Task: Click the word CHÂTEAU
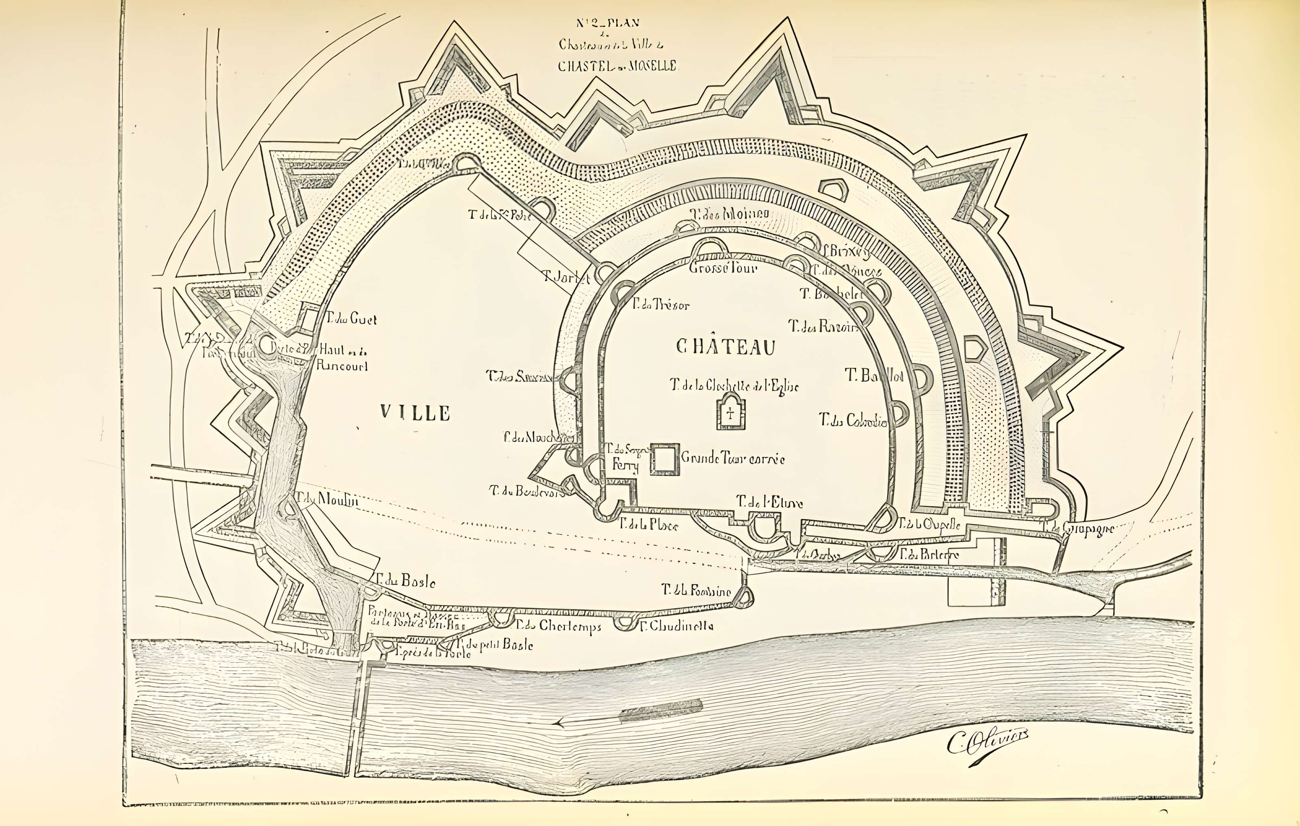(x=726, y=347)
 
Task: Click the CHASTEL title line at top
(x=617, y=66)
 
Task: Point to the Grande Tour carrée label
(x=732, y=459)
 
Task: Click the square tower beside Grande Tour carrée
(x=665, y=460)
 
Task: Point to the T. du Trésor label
(x=661, y=305)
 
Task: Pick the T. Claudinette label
(x=677, y=626)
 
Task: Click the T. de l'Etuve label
(x=770, y=502)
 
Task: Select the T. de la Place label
(x=648, y=524)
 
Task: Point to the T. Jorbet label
(x=566, y=278)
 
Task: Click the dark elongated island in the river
(x=660, y=711)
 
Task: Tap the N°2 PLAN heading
(x=607, y=23)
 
